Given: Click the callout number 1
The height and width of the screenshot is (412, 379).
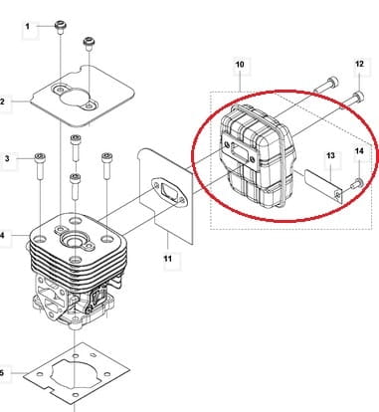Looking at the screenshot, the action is click(28, 26).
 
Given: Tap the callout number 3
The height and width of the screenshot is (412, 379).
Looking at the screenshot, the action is click(7, 158).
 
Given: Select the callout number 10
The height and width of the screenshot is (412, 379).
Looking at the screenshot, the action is click(240, 64).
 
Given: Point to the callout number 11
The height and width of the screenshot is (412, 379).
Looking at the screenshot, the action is click(168, 258).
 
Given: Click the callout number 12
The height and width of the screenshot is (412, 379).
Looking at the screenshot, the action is click(359, 64).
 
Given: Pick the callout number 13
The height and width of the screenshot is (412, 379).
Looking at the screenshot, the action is click(330, 155).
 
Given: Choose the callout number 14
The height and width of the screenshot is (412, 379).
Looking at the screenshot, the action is click(359, 151).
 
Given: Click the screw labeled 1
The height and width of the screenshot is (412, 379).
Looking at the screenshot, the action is click(60, 27).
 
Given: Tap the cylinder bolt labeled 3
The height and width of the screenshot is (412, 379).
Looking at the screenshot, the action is click(40, 166).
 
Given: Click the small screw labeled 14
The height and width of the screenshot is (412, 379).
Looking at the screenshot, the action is click(357, 183).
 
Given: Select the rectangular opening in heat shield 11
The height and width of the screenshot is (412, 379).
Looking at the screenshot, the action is click(167, 192).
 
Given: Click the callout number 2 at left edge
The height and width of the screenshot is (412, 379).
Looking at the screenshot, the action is click(2, 102).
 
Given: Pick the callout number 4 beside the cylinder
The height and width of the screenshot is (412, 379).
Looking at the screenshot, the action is click(2, 236).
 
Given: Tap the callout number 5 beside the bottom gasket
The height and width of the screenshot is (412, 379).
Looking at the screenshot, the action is click(2, 372).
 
